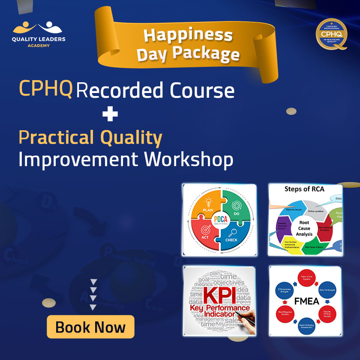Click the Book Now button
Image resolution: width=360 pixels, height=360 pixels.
(90, 327)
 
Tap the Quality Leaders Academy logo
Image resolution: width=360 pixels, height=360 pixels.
(39, 34)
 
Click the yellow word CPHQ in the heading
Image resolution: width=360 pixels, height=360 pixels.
(45, 89)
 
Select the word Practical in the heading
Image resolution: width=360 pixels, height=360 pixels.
(56, 138)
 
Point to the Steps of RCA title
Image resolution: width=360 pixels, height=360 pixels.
(304, 189)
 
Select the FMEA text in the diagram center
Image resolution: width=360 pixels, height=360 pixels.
(306, 301)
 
